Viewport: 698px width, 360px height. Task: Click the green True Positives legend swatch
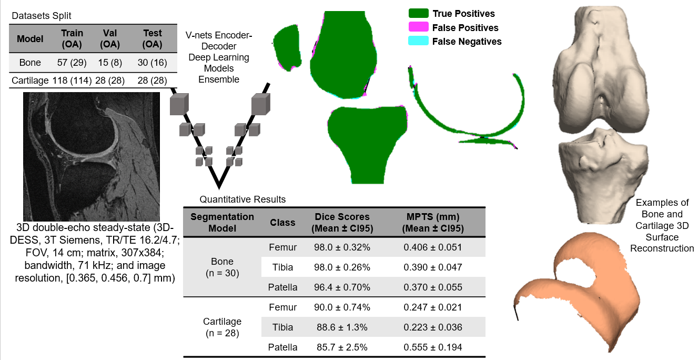[419, 14]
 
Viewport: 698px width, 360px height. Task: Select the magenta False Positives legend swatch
[419, 27]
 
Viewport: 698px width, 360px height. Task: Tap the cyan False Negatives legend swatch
[419, 41]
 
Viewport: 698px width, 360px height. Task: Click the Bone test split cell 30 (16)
[152, 63]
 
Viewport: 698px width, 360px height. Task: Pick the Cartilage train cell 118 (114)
[73, 80]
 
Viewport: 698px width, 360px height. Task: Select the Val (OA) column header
[109, 38]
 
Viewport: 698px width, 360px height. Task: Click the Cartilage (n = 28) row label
[222, 327]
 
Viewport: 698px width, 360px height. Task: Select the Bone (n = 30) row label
[222, 267]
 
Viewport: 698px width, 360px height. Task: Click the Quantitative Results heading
[242, 199]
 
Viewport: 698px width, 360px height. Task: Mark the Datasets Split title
[42, 16]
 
